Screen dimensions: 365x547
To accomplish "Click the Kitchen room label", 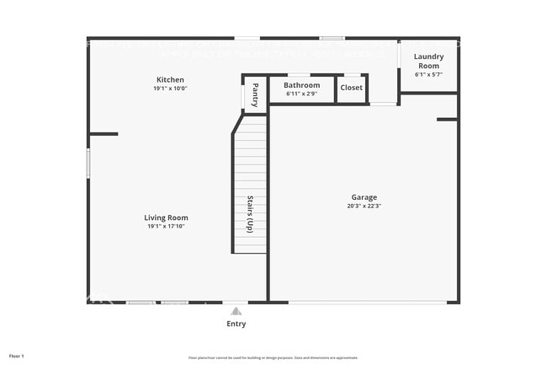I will point(169,79).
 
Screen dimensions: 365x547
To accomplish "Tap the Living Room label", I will point(166,217).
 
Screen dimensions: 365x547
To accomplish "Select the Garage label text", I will point(364,197).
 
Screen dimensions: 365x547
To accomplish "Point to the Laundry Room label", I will point(428,61).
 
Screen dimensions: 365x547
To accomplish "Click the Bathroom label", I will point(301,85).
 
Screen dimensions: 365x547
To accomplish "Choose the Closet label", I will point(352,87).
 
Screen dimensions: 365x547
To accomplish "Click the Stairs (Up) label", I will point(250,214).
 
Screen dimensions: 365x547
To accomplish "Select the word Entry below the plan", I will point(236,324).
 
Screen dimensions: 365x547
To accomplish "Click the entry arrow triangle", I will point(236,310).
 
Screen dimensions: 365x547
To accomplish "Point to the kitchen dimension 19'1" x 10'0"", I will point(169,89).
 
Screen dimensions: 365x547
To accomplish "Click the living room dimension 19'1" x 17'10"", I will point(166,226).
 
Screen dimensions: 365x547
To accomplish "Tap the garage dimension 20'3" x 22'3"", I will point(364,206).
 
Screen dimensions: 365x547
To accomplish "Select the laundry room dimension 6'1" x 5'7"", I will point(428,74).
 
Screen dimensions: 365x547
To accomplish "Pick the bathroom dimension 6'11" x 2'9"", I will point(301,93).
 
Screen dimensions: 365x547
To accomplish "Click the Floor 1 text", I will point(17,357).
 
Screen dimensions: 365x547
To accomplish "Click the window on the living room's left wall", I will point(88,163).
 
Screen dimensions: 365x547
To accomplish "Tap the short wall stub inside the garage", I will point(447,120).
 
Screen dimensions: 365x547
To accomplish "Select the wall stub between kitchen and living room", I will point(104,133).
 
